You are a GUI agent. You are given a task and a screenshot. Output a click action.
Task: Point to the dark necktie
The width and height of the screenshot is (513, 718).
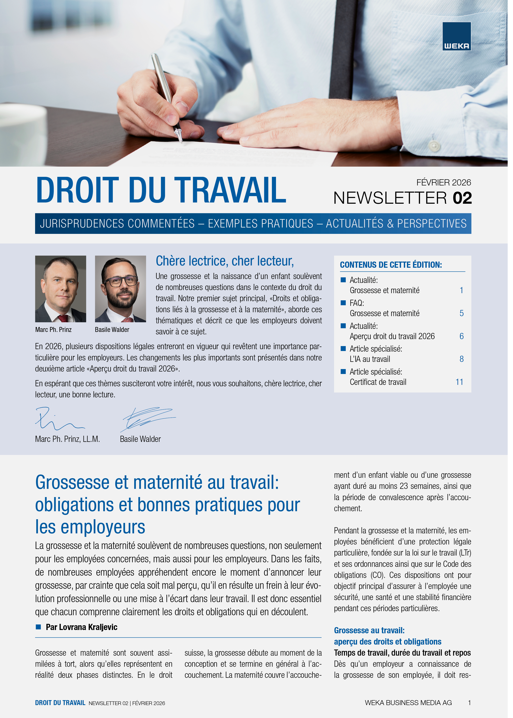(x=342, y=47)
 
